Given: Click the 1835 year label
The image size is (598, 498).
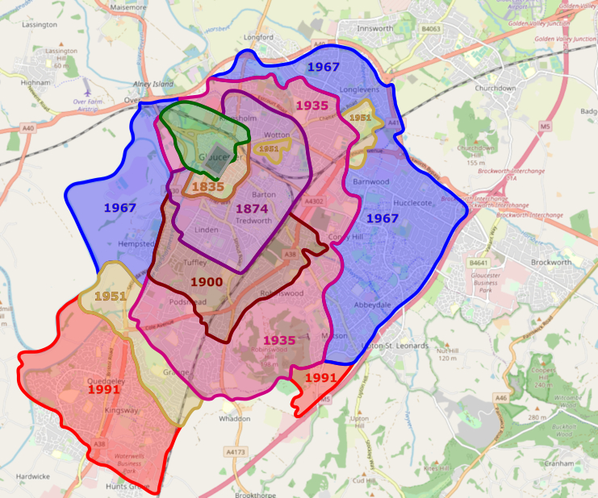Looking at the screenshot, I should pyautogui.click(x=207, y=186).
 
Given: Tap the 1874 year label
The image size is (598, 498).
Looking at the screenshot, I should pyautogui.click(x=252, y=209).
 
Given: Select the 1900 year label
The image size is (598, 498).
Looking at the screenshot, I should pyautogui.click(x=206, y=282).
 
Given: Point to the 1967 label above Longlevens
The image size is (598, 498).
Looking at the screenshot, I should pyautogui.click(x=323, y=67).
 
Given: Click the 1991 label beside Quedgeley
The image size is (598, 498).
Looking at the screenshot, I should pyautogui.click(x=104, y=389).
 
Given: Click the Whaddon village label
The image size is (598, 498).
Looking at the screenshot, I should pyautogui.click(x=235, y=419).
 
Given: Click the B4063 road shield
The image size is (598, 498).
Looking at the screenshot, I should pyautogui.click(x=431, y=29).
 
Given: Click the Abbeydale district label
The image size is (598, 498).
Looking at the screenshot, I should pyautogui.click(x=372, y=305).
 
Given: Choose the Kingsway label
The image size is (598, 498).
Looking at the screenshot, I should pyautogui.click(x=122, y=410).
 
